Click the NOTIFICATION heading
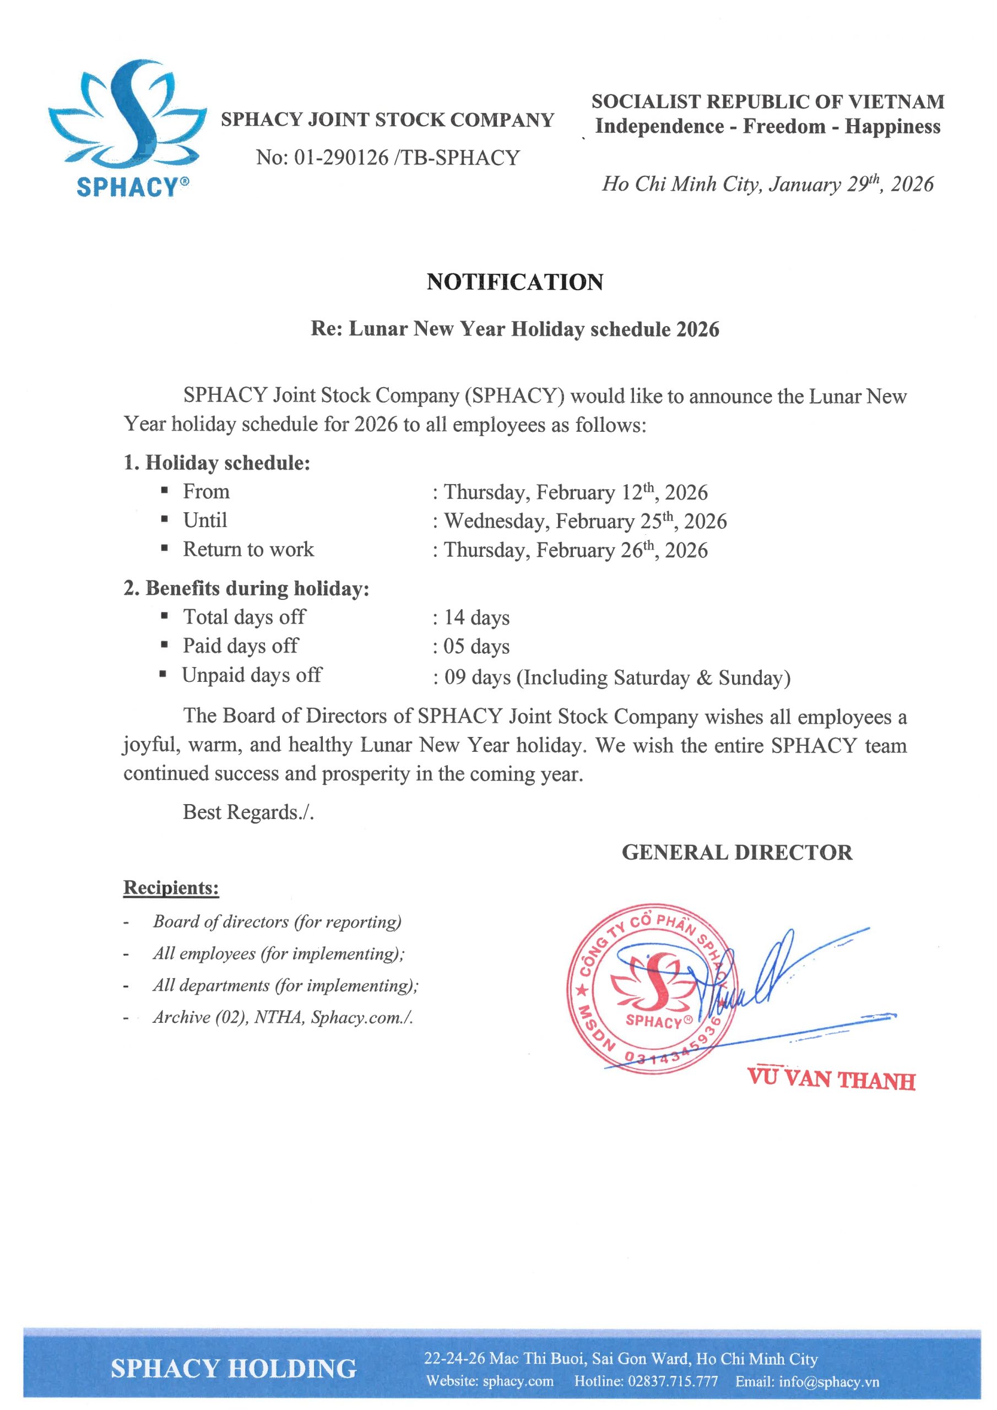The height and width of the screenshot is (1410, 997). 515,282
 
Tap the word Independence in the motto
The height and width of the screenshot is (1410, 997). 659,127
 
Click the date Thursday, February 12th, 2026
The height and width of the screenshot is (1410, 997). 576,492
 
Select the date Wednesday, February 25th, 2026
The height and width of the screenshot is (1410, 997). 586,521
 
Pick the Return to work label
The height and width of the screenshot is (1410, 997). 248,549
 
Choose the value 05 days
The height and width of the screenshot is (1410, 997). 476,646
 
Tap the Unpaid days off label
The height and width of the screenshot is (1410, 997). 252,675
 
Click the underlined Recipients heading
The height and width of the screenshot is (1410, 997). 171,887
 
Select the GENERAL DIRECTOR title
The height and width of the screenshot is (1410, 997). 736,853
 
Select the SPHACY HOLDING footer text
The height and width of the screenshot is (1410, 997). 234,1368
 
